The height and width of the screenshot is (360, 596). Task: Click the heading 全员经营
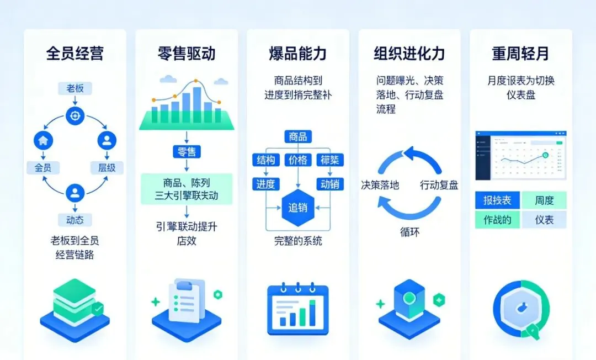74,54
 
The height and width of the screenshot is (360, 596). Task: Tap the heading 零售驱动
187,54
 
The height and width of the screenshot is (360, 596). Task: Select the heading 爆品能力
297,54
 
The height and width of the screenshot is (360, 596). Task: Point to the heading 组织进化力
409,54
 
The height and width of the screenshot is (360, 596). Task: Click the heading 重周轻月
520,54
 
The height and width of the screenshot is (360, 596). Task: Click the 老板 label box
74,88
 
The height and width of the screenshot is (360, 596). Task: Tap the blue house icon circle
42,140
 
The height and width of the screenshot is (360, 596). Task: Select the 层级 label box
107,167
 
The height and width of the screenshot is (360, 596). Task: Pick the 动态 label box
74,220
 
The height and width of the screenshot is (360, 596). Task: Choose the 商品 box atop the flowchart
297,137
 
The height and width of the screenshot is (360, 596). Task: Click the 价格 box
297,160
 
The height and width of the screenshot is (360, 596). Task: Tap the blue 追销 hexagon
297,208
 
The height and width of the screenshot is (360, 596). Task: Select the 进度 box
265,184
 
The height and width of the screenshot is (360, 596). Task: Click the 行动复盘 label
439,185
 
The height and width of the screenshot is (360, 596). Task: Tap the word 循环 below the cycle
409,232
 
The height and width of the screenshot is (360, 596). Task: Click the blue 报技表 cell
497,200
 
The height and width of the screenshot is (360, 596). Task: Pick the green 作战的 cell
497,220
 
